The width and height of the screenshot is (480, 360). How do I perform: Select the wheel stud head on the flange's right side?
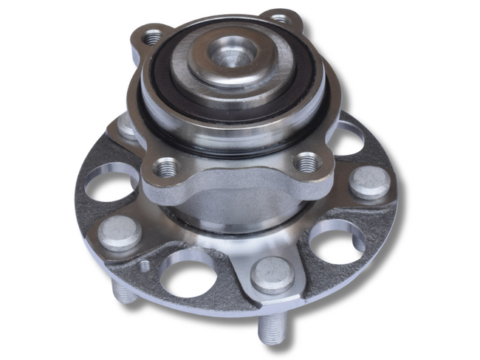click(x=368, y=181)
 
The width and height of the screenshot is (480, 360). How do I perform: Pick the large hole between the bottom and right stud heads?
click(x=335, y=240)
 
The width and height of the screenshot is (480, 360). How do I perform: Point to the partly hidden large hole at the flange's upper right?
click(x=347, y=139)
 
